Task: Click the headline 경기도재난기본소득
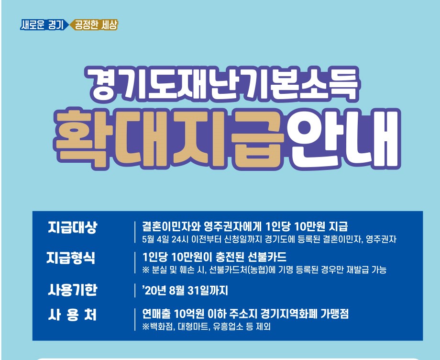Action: pos(222,84)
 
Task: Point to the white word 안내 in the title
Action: pos(344,138)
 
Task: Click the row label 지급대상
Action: pos(72,227)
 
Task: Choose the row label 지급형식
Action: pos(71,258)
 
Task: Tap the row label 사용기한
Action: pos(72,290)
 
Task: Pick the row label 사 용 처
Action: pos(72,315)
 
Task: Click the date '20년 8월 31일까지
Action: pos(185,291)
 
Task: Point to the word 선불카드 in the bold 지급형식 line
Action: pos(267,257)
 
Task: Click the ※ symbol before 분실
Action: pos(146,270)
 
